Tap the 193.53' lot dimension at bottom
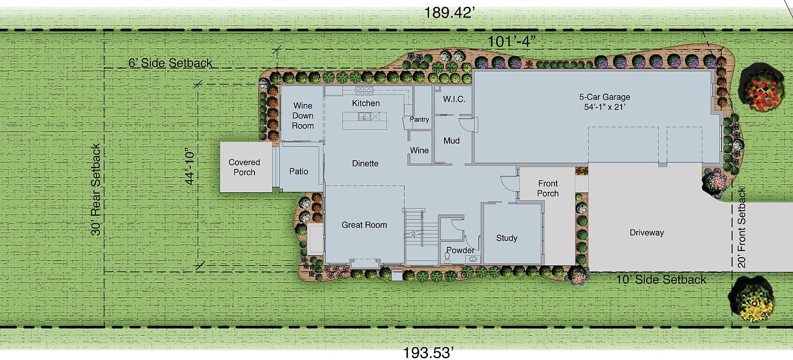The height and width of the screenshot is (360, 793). (x=429, y=353)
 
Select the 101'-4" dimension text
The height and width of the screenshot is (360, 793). (x=511, y=42)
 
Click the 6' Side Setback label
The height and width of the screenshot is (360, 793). (x=170, y=63)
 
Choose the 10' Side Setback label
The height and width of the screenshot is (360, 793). (x=661, y=279)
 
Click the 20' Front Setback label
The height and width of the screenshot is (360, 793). (x=742, y=227)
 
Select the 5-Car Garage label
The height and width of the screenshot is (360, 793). (x=604, y=102)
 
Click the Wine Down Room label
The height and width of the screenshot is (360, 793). (x=303, y=116)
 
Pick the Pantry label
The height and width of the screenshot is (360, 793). (x=419, y=119)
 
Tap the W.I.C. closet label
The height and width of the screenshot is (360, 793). (x=454, y=99)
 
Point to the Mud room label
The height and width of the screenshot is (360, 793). (x=451, y=140)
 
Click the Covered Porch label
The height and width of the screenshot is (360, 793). (x=244, y=167)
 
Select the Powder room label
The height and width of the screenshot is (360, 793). (x=460, y=250)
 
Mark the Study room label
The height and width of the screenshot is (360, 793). (x=506, y=238)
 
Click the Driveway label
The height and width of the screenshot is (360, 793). (x=646, y=232)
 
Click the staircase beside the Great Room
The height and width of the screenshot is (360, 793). (x=421, y=236)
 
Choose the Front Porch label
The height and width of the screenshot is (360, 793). (x=548, y=188)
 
